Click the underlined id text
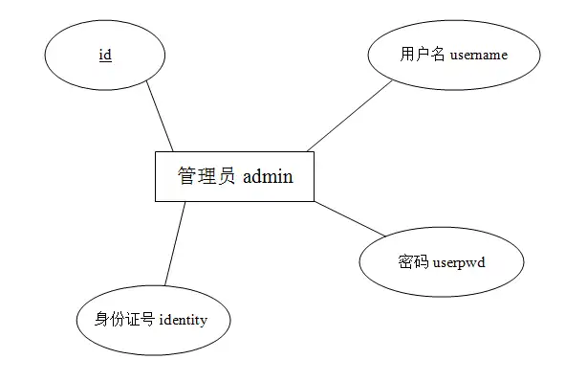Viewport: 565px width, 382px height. pyautogui.click(x=105, y=55)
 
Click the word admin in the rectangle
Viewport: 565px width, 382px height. pyautogui.click(x=268, y=177)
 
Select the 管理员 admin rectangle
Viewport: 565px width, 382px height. pyautogui.click(x=234, y=191)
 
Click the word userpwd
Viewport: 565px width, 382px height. pyautogui.click(x=459, y=261)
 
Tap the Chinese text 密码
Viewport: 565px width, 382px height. pyautogui.click(x=413, y=261)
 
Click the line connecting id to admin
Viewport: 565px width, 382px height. pyautogui.click(x=160, y=117)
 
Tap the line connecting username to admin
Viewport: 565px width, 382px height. pyautogui.click(x=350, y=115)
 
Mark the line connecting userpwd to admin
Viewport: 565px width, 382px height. pyautogui.click(x=350, y=218)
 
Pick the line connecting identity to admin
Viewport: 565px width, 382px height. pyautogui.click(x=174, y=243)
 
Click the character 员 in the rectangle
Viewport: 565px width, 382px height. pyautogui.click(x=228, y=177)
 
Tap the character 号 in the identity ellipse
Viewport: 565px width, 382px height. pyautogui.click(x=147, y=319)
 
